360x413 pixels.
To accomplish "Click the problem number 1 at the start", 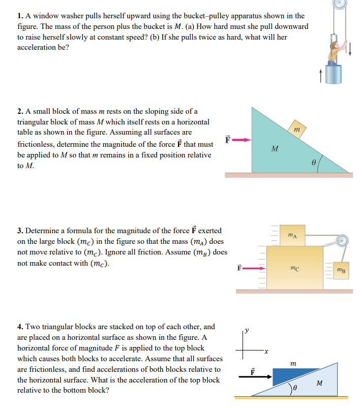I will click(20, 16).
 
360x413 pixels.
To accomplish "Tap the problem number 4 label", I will click(20, 327).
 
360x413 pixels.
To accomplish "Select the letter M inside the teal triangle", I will click(275, 149).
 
